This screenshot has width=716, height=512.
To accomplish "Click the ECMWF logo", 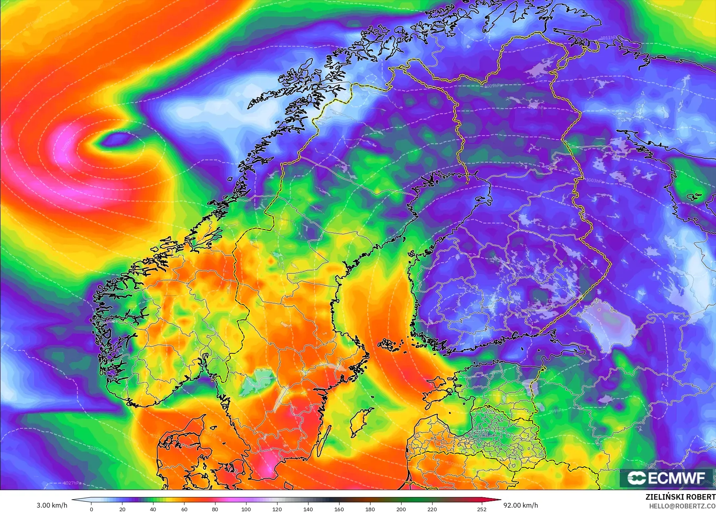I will click(x=666, y=478).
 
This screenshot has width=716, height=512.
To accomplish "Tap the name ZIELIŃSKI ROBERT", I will click(x=680, y=497).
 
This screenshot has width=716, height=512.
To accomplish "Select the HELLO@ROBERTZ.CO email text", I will click(x=682, y=506).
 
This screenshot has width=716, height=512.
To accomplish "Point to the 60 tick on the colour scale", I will click(x=184, y=509).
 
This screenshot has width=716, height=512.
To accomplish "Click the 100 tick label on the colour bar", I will click(x=246, y=509).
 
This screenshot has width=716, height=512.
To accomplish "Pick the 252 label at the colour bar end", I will click(x=482, y=509).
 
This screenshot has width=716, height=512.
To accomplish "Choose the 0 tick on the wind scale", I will click(x=91, y=509).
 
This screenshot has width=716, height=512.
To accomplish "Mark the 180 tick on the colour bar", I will click(x=370, y=509).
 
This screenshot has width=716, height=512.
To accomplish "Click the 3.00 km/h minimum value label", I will click(x=52, y=505).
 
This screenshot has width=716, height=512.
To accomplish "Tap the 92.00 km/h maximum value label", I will click(x=520, y=505).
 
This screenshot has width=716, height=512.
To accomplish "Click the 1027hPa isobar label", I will click(x=72, y=483).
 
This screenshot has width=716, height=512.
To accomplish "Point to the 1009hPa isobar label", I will click(x=493, y=86).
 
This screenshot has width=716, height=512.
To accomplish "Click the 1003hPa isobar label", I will click(x=595, y=181).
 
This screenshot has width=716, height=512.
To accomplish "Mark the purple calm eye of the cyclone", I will click(x=118, y=139).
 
